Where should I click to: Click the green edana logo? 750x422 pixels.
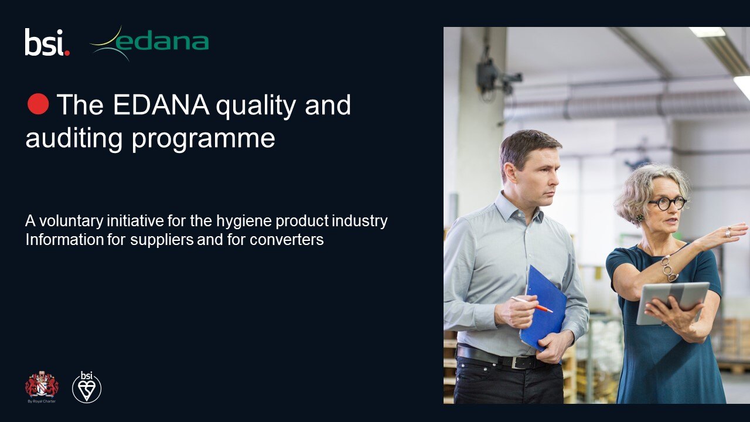150,43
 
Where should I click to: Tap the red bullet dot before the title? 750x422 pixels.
38,104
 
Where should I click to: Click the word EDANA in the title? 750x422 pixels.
161,105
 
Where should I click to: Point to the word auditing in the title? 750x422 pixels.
74,138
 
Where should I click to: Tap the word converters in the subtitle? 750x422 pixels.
287,240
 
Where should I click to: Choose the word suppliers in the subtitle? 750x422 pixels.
162,240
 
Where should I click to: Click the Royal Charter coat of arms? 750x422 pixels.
42,386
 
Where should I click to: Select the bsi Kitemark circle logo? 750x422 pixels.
87,387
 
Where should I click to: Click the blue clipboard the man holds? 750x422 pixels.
543,309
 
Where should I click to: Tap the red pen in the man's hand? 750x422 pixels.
531,304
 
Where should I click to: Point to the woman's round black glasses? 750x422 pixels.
667,203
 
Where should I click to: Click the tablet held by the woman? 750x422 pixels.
673,302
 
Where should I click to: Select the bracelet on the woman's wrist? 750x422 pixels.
669,268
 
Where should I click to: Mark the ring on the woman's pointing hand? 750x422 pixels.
728,232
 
